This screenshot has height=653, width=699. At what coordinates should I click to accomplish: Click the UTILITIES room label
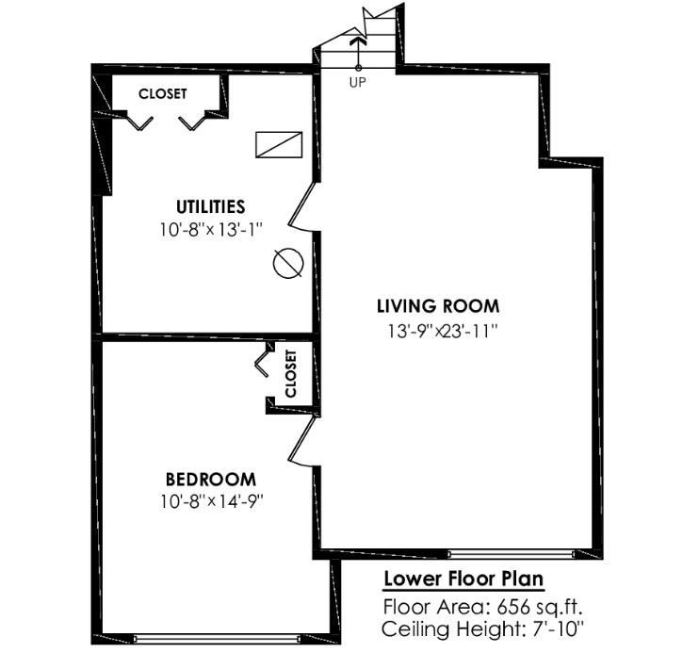point(210,206)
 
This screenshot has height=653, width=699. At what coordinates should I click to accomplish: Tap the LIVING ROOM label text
point(437,306)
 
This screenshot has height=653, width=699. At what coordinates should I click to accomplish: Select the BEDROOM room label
point(211,479)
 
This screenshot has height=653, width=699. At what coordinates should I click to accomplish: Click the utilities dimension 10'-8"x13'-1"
point(210,228)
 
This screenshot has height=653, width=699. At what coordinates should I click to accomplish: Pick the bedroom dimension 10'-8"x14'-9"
point(211,500)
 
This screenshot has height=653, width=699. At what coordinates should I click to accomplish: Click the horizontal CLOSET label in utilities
point(163,94)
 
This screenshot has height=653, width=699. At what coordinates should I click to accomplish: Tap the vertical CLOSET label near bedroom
point(290,373)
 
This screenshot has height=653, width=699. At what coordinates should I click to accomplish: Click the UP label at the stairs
point(358,82)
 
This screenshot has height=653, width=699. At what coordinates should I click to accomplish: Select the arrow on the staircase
point(358,43)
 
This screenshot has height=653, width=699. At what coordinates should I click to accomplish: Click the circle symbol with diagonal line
point(287,264)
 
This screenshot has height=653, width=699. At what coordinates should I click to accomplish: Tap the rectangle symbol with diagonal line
point(278,144)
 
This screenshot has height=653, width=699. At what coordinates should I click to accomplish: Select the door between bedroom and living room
point(303,440)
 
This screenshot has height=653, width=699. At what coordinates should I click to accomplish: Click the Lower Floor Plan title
point(463,579)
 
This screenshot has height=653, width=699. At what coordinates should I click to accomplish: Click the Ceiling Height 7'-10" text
point(484,628)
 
